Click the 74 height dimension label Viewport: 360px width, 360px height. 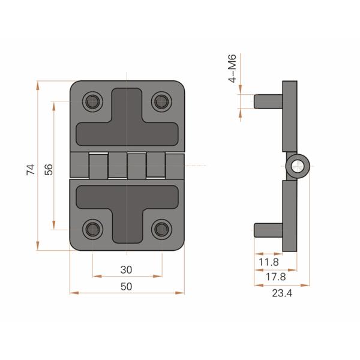pos(31,169)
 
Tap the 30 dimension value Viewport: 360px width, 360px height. pos(127,269)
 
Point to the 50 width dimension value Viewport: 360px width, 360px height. pos(127,286)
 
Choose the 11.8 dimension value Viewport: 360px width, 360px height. pos(268,262)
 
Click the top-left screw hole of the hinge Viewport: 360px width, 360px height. pos(92,101)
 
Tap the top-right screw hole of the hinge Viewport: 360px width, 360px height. pos(161,101)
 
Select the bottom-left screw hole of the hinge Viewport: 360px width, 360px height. pos(92,229)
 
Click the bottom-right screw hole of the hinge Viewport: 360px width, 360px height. pos(161,229)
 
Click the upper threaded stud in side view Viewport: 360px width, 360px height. pos(267,101)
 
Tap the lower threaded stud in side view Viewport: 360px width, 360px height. pos(267,229)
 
